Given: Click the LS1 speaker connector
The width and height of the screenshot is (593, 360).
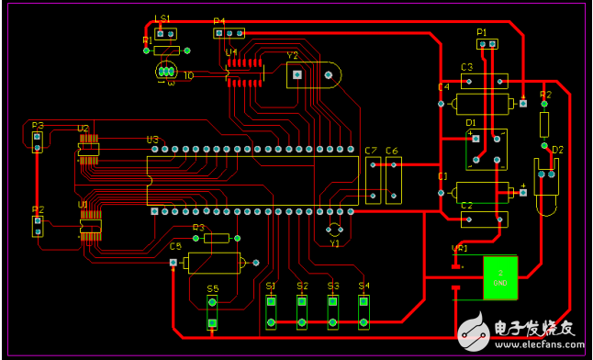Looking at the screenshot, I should (x=165, y=34).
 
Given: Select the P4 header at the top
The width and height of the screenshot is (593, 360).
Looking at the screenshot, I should (x=224, y=34).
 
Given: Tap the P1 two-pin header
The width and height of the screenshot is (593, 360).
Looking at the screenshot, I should (x=487, y=43).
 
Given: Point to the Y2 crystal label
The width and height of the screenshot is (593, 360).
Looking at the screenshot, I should (x=293, y=55).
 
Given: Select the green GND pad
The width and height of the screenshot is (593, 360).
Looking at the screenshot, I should (x=501, y=277).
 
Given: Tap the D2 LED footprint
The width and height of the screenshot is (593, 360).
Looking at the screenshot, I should (x=546, y=184).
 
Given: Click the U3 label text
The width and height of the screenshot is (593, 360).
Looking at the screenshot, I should (x=152, y=140).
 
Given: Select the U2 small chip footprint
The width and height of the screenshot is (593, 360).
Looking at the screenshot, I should (x=89, y=150).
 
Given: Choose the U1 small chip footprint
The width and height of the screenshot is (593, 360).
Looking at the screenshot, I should (x=90, y=226).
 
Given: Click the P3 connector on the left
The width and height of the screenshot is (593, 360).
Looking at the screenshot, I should (x=38, y=141).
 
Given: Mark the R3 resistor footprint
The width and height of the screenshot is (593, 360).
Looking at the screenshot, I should (x=217, y=238).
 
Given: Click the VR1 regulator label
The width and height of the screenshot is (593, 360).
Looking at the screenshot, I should (x=459, y=248).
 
